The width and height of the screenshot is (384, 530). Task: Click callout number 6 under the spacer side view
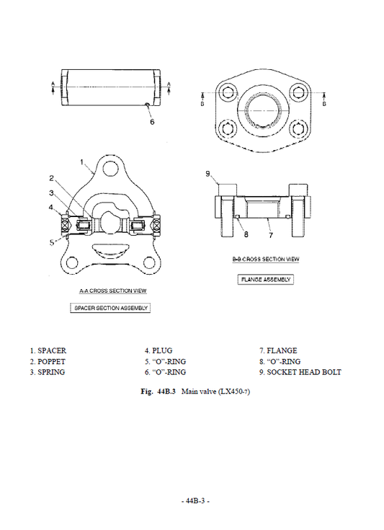click(152, 122)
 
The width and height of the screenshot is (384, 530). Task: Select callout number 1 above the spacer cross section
click(83, 162)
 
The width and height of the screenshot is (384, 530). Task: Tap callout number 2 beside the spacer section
click(52, 178)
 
